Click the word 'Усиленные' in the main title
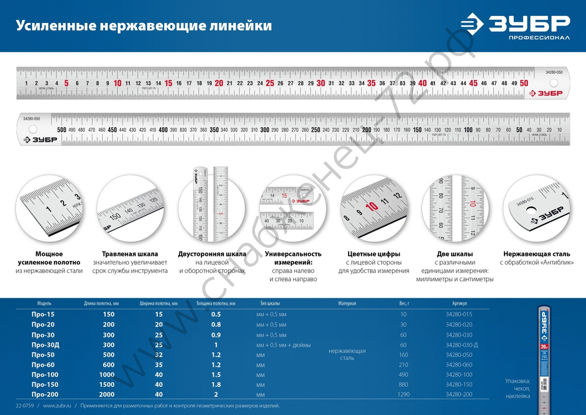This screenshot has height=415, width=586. point(49,26)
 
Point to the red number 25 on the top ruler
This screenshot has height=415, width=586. point(270,83)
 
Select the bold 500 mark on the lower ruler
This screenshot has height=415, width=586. point(62,129)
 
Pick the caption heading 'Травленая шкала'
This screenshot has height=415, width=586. point(131,254)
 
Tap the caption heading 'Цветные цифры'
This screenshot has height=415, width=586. point(373,254)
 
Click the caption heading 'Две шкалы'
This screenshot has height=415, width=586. point(458,254)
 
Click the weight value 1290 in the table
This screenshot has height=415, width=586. point(403,394)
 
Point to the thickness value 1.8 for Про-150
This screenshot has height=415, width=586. point(216,384)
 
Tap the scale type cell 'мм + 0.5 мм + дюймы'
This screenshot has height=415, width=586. point(284,345)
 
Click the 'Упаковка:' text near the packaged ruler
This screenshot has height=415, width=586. point(518,381)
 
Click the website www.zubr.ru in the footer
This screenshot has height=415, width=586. point(57,406)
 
